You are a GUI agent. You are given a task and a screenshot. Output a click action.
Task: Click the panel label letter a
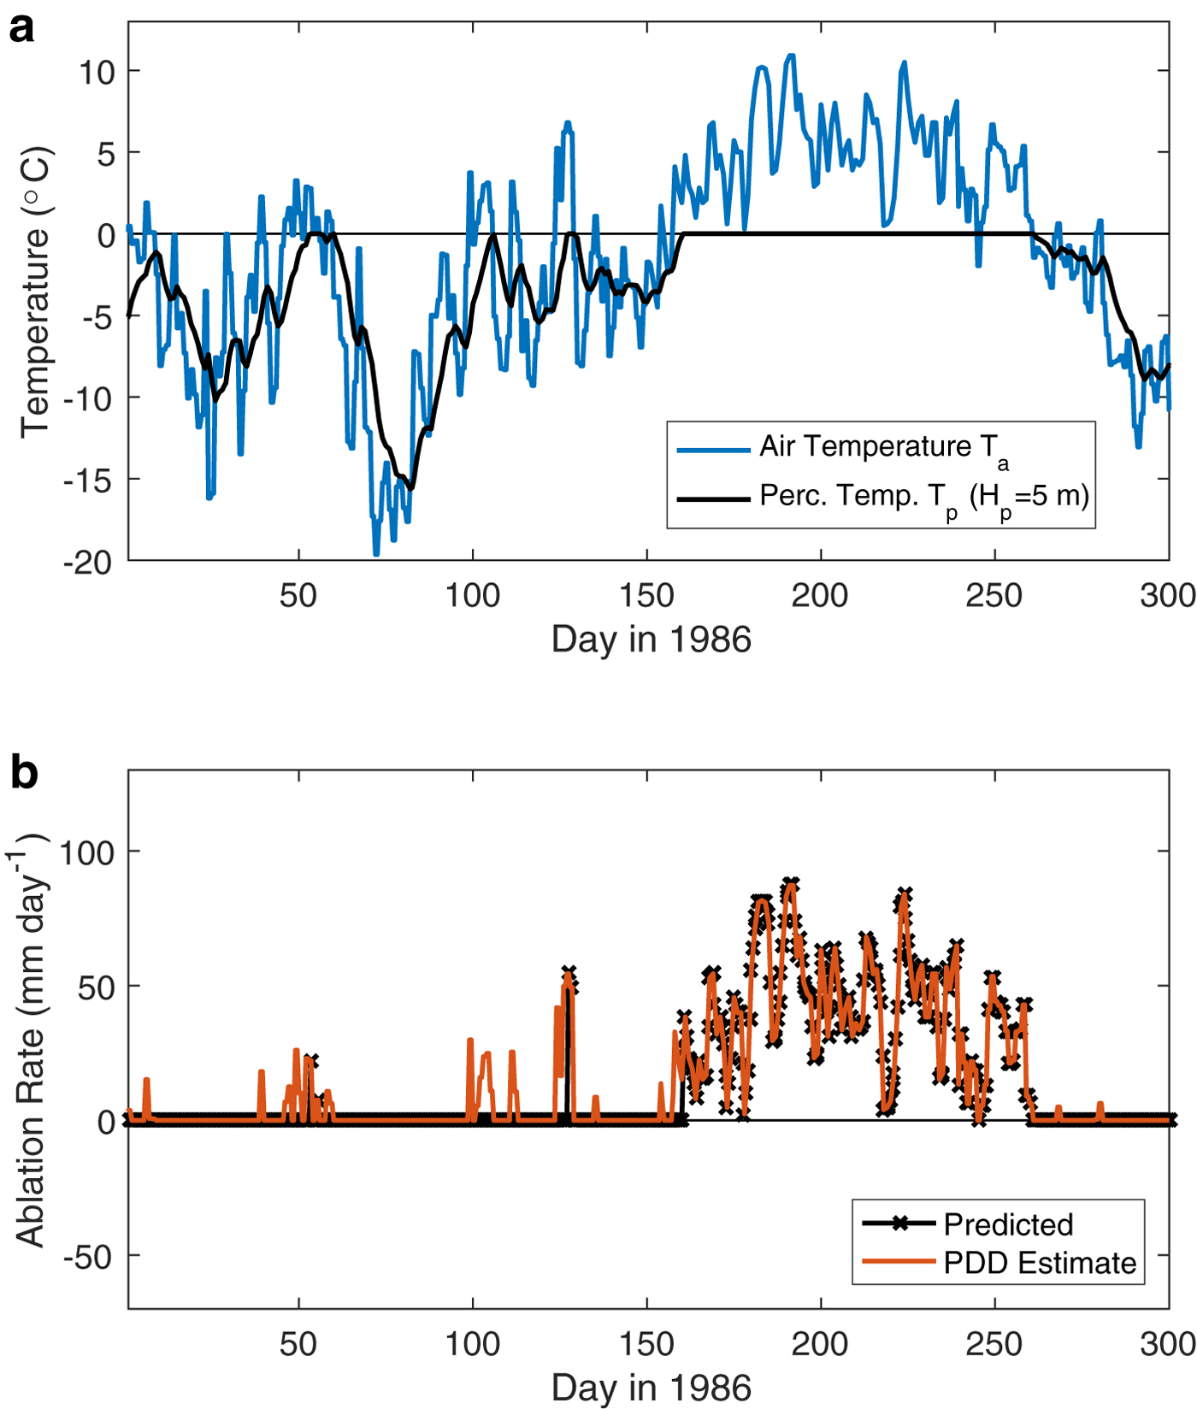click(x=21, y=29)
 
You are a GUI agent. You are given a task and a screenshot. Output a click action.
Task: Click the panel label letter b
click(x=23, y=772)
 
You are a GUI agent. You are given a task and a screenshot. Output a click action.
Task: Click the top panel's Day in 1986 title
click(x=651, y=640)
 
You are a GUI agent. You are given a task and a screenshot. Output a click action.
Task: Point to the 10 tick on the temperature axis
click(x=97, y=72)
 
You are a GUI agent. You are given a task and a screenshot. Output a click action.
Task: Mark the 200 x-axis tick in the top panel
click(x=820, y=595)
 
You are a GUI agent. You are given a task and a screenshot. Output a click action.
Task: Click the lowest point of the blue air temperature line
click(x=376, y=555)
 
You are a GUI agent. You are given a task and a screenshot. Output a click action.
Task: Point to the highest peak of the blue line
click(x=791, y=56)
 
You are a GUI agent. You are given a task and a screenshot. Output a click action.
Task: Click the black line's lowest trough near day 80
click(x=412, y=488)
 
